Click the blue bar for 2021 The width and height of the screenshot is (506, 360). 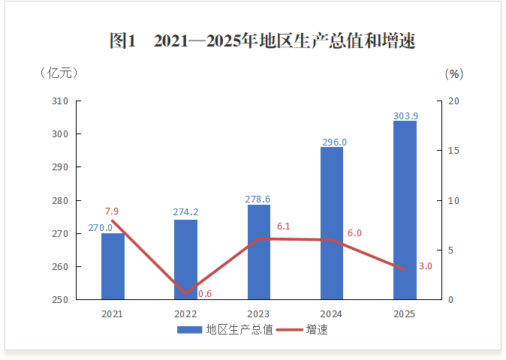pos(113,266)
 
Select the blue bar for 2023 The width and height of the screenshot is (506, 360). pos(258,252)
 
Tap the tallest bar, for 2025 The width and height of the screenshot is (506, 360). pos(405,210)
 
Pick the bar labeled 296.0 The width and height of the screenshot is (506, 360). pos(332,223)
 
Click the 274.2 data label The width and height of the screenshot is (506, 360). pos(185,212)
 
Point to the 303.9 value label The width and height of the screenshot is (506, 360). pos(405,115)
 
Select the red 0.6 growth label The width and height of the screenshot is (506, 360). pos(204,294)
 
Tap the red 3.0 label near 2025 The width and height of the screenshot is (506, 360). pos(425,266)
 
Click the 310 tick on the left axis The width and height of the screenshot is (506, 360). pos(61,101)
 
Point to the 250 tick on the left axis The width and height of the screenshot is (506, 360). pos(61,300)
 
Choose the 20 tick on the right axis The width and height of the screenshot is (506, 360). pos(453,101)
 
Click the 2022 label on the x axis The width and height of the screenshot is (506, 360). pos(185,313)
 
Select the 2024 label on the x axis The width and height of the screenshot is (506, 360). pos(332,313)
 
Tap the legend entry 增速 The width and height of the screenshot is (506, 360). pos(316,330)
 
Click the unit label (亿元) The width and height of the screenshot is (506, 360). pos(58,73)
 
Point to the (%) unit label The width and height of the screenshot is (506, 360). pos(453,73)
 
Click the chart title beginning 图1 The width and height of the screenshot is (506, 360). pos(262,41)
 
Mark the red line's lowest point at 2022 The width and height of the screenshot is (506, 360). pos(185,293)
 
